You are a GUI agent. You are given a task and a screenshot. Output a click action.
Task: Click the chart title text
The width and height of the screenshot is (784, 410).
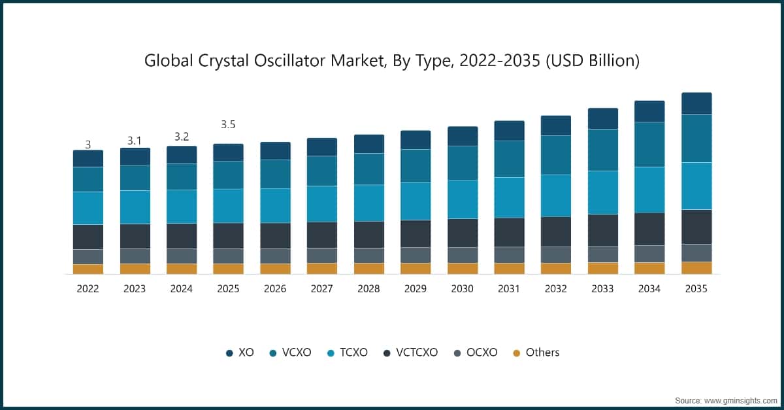tap(391, 61)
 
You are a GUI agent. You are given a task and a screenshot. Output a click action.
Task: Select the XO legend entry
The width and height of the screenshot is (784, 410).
tap(240, 352)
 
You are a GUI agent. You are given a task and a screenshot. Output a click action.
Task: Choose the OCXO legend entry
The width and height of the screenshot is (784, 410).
tap(476, 352)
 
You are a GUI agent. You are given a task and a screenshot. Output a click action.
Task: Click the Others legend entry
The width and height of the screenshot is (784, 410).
tap(536, 352)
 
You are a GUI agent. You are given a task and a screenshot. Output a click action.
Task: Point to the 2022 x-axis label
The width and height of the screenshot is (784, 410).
tap(88, 288)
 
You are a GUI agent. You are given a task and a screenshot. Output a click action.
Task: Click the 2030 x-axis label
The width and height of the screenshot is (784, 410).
tap(463, 288)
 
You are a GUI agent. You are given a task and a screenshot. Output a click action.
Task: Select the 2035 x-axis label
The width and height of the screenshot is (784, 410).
tap(696, 288)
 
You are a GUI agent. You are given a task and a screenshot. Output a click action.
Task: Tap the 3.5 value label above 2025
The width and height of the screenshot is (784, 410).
tap(228, 124)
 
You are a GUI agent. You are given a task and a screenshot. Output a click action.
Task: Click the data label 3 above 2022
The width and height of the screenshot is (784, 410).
tap(88, 145)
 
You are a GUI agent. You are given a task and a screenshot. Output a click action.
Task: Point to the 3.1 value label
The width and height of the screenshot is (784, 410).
tap(135, 141)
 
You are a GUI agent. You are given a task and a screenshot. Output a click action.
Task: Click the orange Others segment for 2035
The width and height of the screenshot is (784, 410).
tap(696, 267)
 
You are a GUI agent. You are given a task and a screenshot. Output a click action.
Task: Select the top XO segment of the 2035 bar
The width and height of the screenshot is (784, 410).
tap(696, 103)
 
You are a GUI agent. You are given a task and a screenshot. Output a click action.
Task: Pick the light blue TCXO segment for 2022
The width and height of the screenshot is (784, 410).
tap(88, 208)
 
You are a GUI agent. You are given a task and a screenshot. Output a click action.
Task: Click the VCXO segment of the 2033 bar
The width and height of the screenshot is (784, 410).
tap(603, 150)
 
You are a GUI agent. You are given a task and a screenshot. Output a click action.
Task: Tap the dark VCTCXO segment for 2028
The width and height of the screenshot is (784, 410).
tap(369, 234)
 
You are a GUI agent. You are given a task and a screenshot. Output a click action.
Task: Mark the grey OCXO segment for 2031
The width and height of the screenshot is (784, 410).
tap(510, 254)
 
